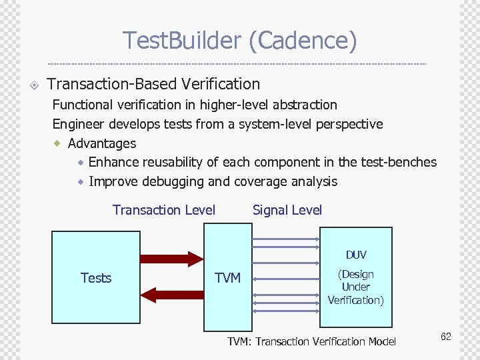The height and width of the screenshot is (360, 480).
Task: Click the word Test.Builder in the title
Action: pyautogui.click(x=181, y=41)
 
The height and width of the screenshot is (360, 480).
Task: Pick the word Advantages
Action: pyautogui.click(x=102, y=143)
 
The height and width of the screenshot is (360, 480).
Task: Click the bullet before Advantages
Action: pyautogui.click(x=57, y=143)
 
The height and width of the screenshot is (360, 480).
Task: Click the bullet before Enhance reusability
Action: pyautogui.click(x=80, y=162)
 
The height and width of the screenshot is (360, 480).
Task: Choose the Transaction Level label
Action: pyautogui.click(x=164, y=210)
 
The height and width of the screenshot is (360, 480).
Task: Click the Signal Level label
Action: pyautogui.click(x=287, y=210)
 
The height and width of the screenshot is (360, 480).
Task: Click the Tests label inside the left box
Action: pyautogui.click(x=96, y=278)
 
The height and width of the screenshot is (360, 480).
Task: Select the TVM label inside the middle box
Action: pyautogui.click(x=227, y=278)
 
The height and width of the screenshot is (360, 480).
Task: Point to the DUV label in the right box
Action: pyautogui.click(x=355, y=255)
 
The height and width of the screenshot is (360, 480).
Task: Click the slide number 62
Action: pyautogui.click(x=445, y=337)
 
